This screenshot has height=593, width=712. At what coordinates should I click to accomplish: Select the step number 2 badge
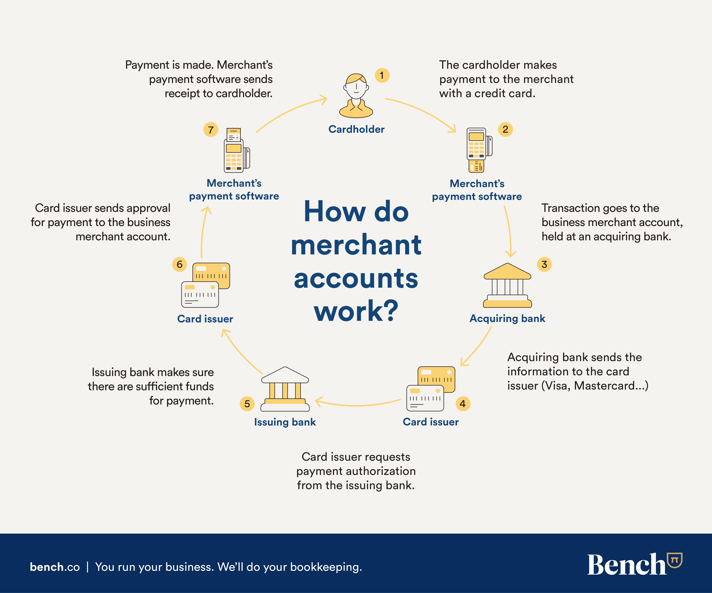[x=505, y=129]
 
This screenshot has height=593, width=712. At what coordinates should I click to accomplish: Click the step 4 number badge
[x=463, y=404]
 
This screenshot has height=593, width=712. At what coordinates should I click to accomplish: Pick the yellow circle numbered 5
[x=247, y=404]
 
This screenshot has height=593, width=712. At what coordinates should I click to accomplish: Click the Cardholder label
[x=356, y=129]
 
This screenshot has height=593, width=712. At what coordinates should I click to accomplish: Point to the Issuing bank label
[x=285, y=422]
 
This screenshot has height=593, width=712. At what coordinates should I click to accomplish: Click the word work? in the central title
[x=356, y=311]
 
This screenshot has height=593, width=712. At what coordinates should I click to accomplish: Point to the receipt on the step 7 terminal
[x=234, y=134]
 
